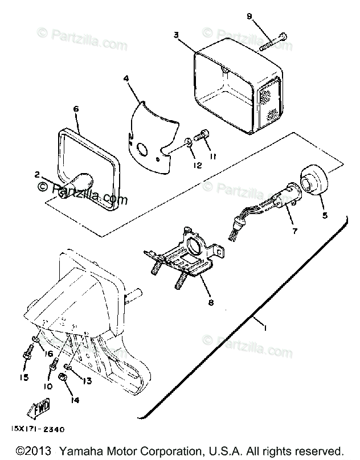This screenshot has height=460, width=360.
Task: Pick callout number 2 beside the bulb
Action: [x=37, y=175]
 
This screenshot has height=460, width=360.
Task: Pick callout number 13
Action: [x=87, y=380]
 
